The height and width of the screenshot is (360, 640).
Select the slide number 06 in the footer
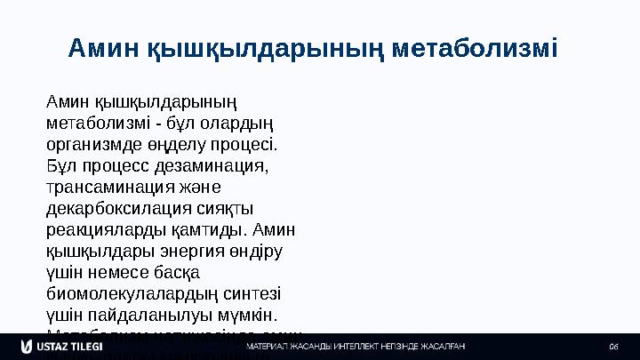pos(613,346)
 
